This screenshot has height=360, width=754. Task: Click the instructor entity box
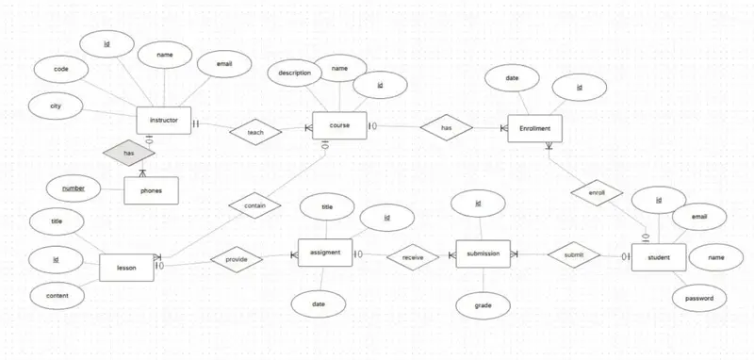click(164, 122)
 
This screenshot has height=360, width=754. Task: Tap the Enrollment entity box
click(534, 127)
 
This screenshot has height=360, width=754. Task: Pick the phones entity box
click(151, 191)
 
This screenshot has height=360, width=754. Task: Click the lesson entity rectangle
click(126, 268)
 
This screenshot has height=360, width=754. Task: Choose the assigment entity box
click(325, 253)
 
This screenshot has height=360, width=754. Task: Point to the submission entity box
click(484, 254)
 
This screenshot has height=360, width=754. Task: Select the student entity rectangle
click(658, 256)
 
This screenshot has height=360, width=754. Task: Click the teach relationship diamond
click(255, 133)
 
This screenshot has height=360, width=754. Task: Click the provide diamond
click(235, 256)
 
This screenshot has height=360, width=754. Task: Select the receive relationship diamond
click(412, 254)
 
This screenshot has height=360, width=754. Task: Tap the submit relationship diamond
click(574, 254)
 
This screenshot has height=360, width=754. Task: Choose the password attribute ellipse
click(698, 298)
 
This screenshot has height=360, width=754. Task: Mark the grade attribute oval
click(482, 305)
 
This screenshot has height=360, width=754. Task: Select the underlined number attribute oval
click(74, 188)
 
